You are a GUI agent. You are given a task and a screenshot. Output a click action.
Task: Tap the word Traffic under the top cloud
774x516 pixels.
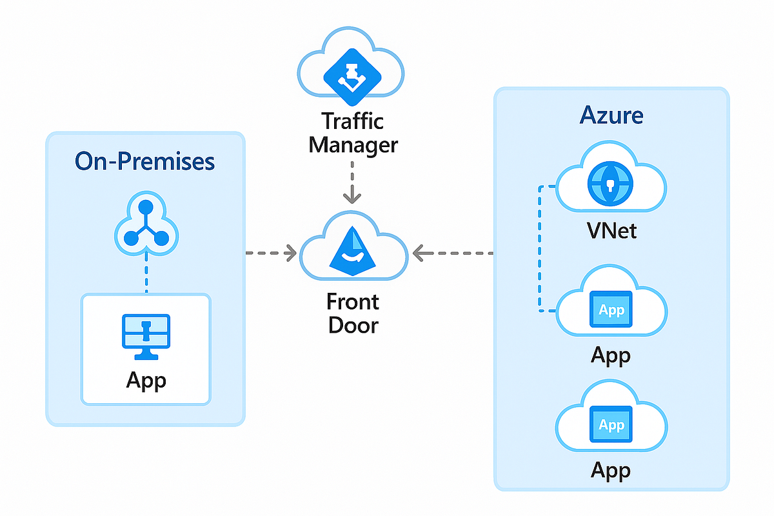pyautogui.click(x=352, y=121)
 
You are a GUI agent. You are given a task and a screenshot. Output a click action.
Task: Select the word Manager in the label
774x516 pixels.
pyautogui.click(x=352, y=144)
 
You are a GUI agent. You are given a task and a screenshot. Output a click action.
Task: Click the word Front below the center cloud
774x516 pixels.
pyautogui.click(x=352, y=302)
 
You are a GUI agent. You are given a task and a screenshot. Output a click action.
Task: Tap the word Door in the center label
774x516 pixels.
pyautogui.click(x=352, y=324)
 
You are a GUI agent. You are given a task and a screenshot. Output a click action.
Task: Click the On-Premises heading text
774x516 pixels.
pyautogui.click(x=145, y=161)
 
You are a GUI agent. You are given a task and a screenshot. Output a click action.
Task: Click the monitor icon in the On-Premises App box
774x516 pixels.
pyautogui.click(x=146, y=335)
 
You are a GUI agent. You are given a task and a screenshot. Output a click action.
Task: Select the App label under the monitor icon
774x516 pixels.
pyautogui.click(x=146, y=380)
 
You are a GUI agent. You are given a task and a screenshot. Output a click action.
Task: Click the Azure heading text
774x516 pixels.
pyautogui.click(x=611, y=115)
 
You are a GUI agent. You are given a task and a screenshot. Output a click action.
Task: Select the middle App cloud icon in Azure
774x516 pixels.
pyautogui.click(x=611, y=310)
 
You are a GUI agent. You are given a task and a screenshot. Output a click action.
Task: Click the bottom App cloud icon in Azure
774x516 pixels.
pyautogui.click(x=611, y=425)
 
